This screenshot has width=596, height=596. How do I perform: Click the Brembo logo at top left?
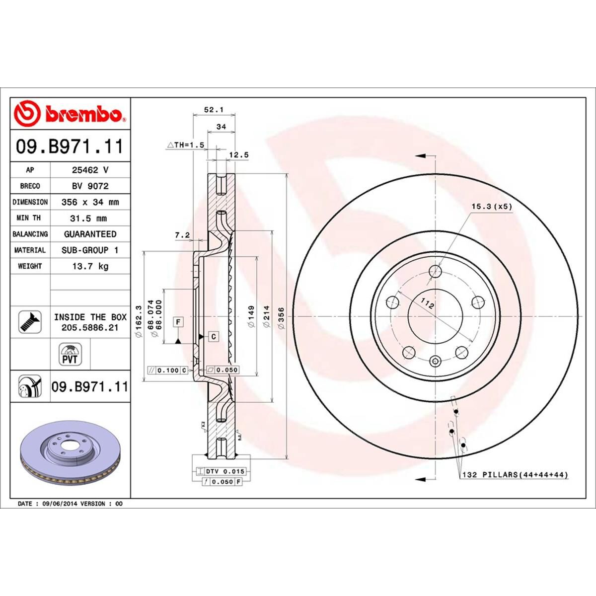(70, 114)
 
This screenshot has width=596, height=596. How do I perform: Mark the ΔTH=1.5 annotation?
(186, 145)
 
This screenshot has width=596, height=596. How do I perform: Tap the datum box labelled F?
(178, 322)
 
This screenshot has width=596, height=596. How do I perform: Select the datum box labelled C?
(213, 337)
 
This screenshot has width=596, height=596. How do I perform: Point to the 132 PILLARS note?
(515, 475)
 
